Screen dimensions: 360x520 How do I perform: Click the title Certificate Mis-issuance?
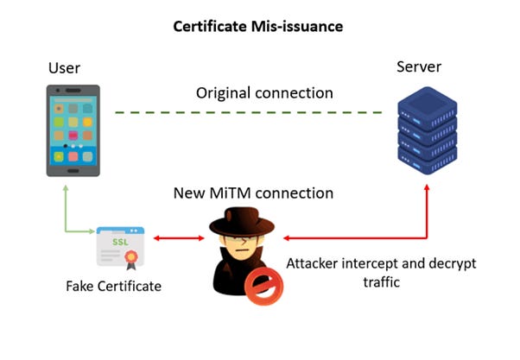(x=259, y=26)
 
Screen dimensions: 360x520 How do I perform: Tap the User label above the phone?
(x=67, y=67)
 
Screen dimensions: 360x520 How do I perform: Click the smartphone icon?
(x=73, y=130)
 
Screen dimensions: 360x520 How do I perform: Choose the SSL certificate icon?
(x=120, y=247)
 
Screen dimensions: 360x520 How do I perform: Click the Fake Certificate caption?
(x=112, y=286)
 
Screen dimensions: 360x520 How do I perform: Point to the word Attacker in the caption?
(x=316, y=262)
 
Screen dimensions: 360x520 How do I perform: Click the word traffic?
(x=381, y=281)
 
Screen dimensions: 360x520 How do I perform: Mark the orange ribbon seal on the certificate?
(x=133, y=257)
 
